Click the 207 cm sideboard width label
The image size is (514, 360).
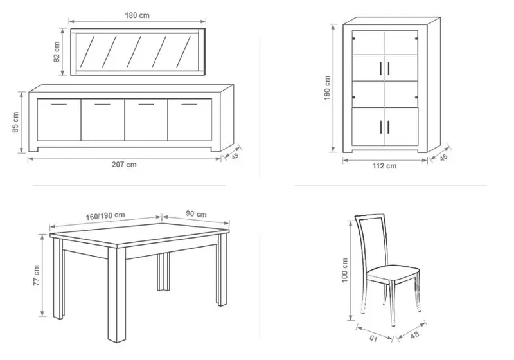coord(124,165)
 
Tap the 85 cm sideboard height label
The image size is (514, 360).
coord(15,122)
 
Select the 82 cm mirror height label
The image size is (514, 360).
coord(57,52)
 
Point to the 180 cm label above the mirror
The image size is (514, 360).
coord(137,15)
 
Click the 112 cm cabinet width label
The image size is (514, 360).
coord(384,166)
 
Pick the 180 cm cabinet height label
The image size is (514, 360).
coord(327,88)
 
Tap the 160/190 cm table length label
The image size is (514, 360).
coord(105,216)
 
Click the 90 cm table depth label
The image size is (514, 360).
coord(197,214)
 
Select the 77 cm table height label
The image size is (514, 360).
coord(36,275)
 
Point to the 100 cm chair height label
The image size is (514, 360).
coord(344,270)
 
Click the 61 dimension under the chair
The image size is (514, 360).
coord(373,338)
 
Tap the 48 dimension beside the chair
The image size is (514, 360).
coord(414,335)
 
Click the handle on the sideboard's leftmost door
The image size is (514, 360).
coord(59,104)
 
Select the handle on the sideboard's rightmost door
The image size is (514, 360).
coord(189,104)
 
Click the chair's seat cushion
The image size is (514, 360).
coord(393,272)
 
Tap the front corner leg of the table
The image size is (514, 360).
coord(117,294)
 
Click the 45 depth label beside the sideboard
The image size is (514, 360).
coord(235,156)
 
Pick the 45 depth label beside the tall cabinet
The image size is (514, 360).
coord(443,157)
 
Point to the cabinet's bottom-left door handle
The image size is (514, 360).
coord(380,127)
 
